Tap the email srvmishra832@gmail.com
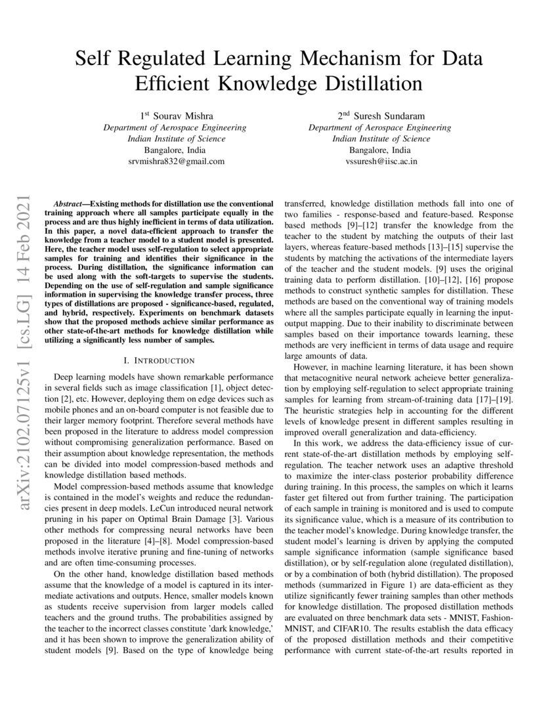point(176,161)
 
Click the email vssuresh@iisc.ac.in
point(381,161)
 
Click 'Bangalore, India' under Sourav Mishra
point(176,150)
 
